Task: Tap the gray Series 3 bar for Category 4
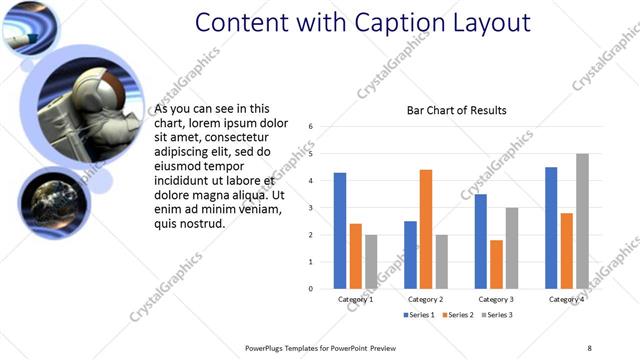(x=582, y=221)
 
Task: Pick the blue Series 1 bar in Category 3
(x=481, y=241)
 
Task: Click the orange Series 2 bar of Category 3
(x=496, y=264)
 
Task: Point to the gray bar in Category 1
(x=371, y=262)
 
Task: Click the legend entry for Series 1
(x=418, y=315)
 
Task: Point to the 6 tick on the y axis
(x=312, y=126)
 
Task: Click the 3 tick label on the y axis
(x=312, y=208)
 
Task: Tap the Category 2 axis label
(x=426, y=299)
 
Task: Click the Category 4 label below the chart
(x=567, y=299)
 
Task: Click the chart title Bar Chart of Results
(x=456, y=110)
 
